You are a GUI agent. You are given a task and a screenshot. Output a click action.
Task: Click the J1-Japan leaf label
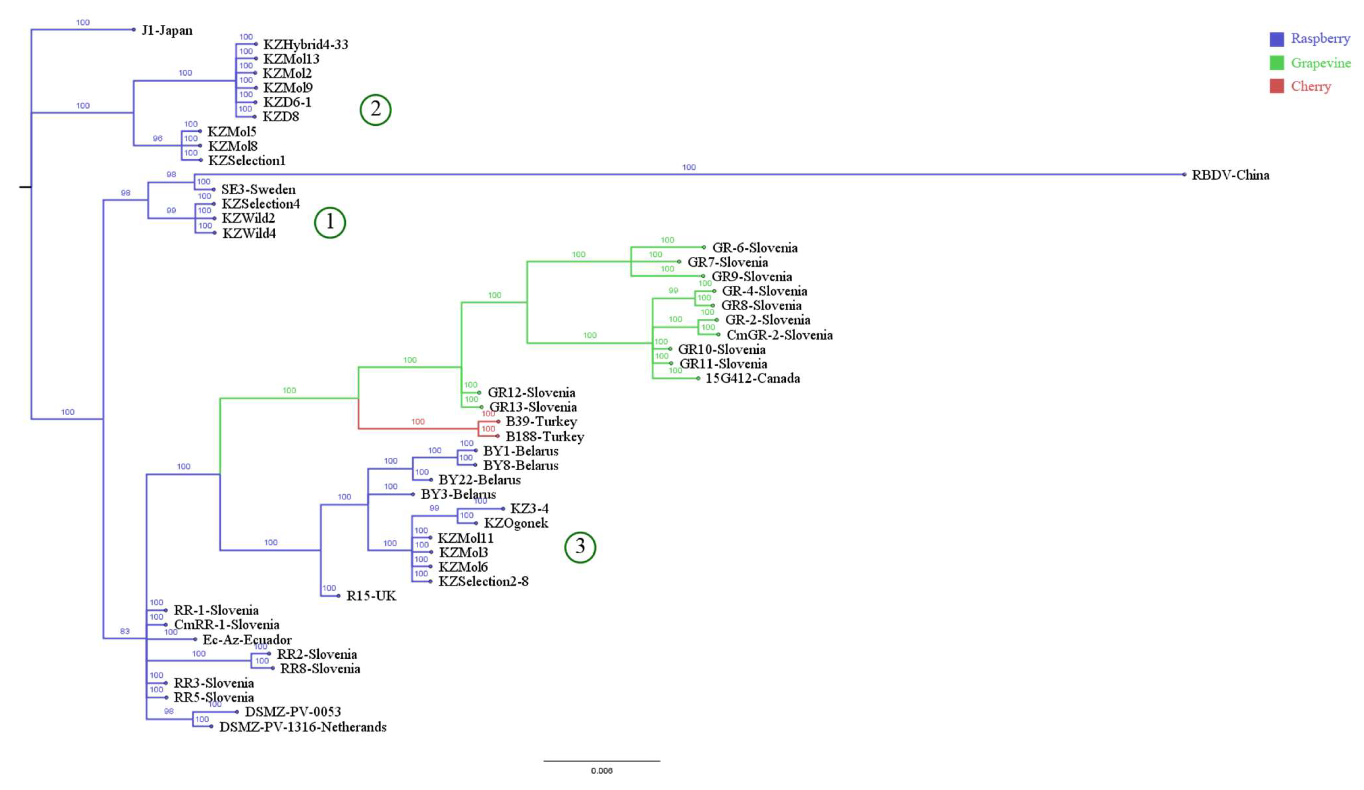click(167, 30)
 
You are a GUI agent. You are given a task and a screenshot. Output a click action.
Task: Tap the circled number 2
click(375, 110)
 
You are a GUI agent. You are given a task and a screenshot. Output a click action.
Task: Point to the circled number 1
click(330, 222)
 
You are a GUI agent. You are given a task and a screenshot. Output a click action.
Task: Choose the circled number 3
click(580, 547)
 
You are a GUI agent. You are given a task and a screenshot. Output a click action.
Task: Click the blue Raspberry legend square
click(1276, 39)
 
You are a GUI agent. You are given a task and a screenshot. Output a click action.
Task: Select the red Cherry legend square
click(1276, 86)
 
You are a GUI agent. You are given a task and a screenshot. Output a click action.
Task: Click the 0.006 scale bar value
click(601, 770)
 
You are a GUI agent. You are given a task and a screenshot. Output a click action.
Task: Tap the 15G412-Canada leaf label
click(752, 378)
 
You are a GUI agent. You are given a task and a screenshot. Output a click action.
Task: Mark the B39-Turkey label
click(541, 422)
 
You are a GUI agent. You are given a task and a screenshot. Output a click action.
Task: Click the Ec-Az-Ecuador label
click(247, 639)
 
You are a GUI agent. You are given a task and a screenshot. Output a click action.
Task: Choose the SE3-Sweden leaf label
click(258, 189)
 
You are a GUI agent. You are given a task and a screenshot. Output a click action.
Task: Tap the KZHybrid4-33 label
click(305, 44)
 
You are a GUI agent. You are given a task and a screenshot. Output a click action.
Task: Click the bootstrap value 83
click(125, 631)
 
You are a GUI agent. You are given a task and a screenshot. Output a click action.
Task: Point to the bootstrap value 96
click(158, 139)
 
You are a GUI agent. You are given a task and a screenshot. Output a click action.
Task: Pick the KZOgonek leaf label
click(516, 523)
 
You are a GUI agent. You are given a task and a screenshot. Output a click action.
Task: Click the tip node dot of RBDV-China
click(1184, 174)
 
